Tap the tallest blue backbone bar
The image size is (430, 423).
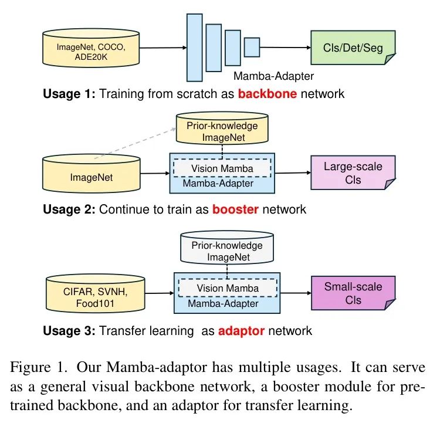coord(194,47)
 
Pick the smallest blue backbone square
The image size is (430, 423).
coord(252,47)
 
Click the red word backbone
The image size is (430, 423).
coord(267,93)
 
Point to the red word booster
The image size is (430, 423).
coord(235,209)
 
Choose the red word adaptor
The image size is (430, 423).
coord(241,330)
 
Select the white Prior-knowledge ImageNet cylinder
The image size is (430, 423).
coord(226,251)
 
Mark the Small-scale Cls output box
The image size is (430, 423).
coord(353,293)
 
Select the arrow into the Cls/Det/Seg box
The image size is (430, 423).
coord(287,47)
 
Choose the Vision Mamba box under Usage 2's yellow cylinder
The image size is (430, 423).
coord(222,168)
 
